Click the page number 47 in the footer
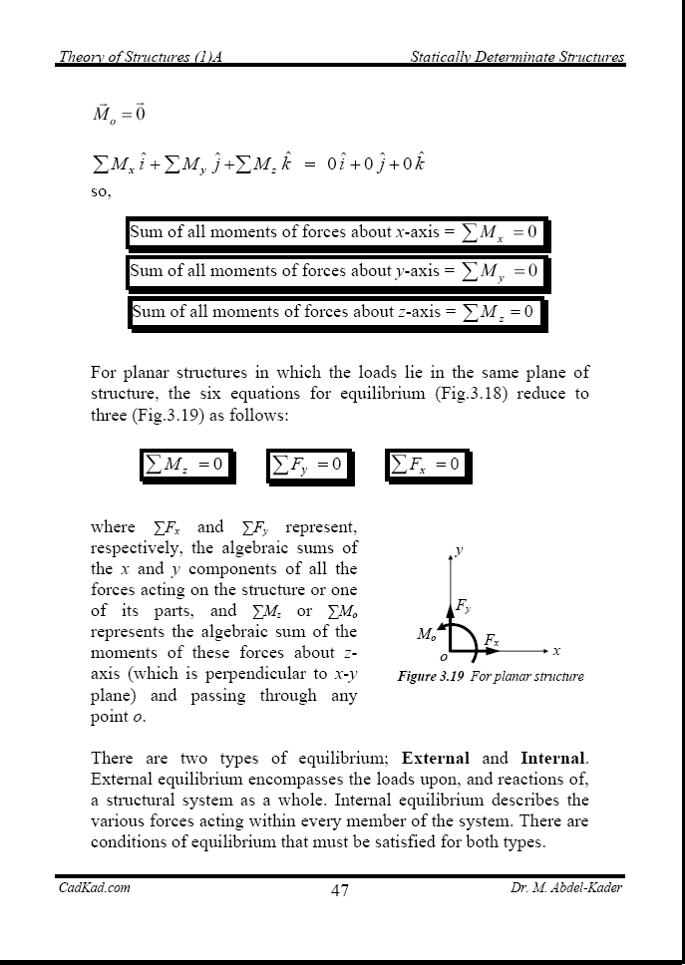340,890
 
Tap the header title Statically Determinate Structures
517,58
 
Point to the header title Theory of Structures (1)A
140,58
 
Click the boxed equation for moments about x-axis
335,232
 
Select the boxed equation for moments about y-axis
335,270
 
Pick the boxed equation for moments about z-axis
335,311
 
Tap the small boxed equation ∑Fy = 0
308,464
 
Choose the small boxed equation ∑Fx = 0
426,464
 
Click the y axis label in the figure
459,549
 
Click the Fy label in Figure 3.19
463,605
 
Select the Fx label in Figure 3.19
492,638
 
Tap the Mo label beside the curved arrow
426,634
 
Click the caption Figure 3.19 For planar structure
491,677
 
